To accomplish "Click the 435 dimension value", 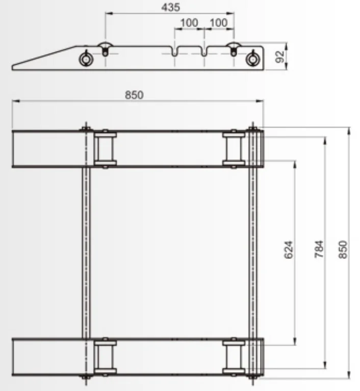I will pyautogui.click(x=170, y=7).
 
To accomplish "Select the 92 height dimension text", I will pyautogui.click(x=279, y=57).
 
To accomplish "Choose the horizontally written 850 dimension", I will pyautogui.click(x=135, y=94).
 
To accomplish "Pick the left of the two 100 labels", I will pyautogui.click(x=189, y=23).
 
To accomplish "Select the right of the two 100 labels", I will pyautogui.click(x=219, y=23).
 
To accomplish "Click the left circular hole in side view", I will pyautogui.click(x=86, y=59).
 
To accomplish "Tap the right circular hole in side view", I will pyautogui.click(x=251, y=59).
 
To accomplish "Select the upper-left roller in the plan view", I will pyautogui.click(x=105, y=149).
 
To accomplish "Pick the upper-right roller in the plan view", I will pyautogui.click(x=234, y=149).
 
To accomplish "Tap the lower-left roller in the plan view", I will pyautogui.click(x=105, y=356).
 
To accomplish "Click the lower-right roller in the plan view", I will pyautogui.click(x=234, y=356).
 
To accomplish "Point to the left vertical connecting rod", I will pyautogui.click(x=85, y=253).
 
